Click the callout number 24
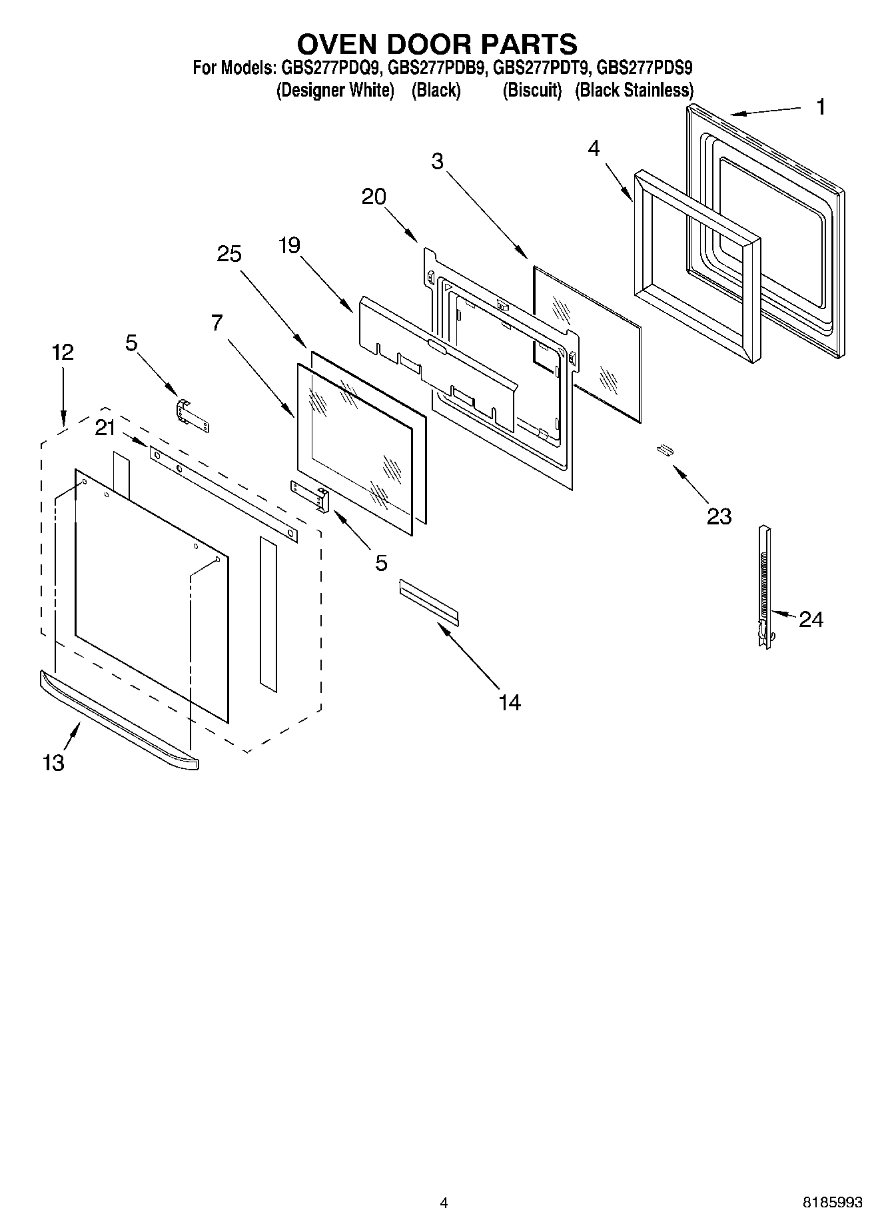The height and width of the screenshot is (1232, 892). pos(810,620)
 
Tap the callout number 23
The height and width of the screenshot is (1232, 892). pos(719,516)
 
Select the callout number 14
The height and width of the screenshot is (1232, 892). pos(510,702)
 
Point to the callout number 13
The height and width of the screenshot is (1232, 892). pos(54,762)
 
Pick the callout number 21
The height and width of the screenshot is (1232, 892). pos(105,428)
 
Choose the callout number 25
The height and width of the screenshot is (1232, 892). pos(228,254)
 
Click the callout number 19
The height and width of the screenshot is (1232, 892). pos(290,245)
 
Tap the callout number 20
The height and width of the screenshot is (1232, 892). pos(374,197)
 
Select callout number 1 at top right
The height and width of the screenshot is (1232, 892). pos(821,107)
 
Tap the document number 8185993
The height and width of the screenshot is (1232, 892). pos(832,1202)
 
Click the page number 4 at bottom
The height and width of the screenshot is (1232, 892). pos(444,1203)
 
